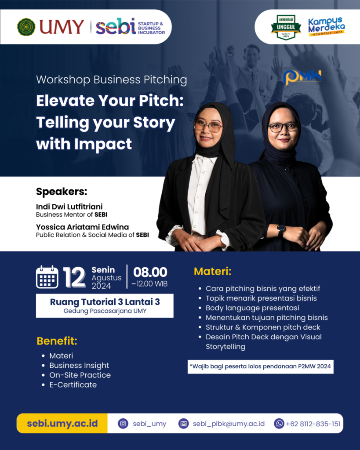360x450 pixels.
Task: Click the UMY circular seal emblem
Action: pyautogui.click(x=26, y=27)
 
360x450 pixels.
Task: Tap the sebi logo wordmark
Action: pyautogui.click(x=116, y=26)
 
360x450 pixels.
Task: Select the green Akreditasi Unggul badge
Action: pyautogui.click(x=286, y=27)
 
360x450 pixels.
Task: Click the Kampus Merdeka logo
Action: pyautogui.click(x=327, y=26)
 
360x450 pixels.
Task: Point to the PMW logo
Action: pyautogui.click(x=302, y=77)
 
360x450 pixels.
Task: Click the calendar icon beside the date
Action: pyautogui.click(x=47, y=277)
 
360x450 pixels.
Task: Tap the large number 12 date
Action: pyautogui.click(x=74, y=277)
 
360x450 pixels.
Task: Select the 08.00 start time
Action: pyautogui.click(x=150, y=272)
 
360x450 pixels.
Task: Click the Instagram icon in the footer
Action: pyautogui.click(x=123, y=424)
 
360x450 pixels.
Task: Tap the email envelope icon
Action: pyautogui.click(x=183, y=424)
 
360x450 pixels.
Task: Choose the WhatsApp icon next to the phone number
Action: pyautogui.click(x=279, y=424)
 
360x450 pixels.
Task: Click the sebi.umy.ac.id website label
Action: pyautogui.click(x=62, y=423)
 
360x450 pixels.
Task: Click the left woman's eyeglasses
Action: pyautogui.click(x=208, y=126)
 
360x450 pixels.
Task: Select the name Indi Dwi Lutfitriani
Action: pyautogui.click(x=69, y=207)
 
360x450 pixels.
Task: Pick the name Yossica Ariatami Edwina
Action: pyautogui.click(x=82, y=227)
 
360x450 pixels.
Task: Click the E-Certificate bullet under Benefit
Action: pyautogui.click(x=73, y=385)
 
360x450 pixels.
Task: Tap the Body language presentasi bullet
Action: pyautogui.click(x=252, y=308)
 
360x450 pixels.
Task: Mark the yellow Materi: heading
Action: pyautogui.click(x=213, y=271)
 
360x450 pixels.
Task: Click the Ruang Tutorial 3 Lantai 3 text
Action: pyautogui.click(x=105, y=302)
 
